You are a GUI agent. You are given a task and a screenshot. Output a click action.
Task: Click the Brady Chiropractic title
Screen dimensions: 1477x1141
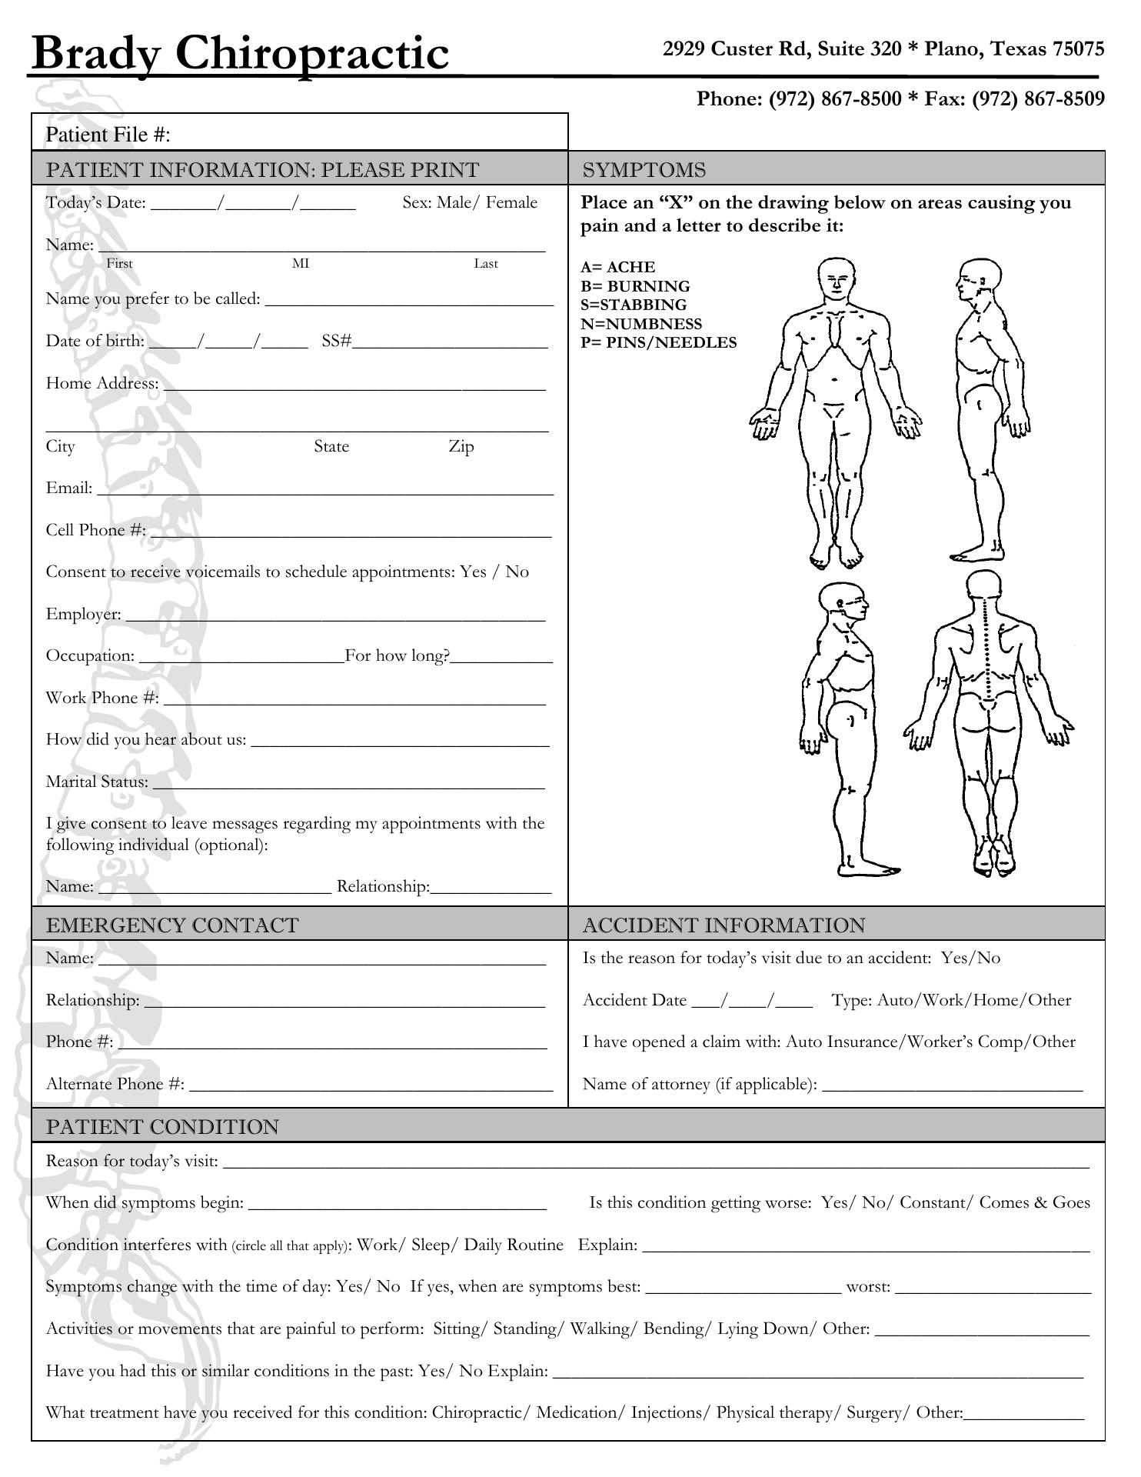240,54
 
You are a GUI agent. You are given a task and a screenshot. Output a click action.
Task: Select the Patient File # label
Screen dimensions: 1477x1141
108,135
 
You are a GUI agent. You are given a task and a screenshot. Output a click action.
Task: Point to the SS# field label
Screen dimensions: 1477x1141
337,341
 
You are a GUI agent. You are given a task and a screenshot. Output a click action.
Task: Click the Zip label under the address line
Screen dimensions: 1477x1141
461,447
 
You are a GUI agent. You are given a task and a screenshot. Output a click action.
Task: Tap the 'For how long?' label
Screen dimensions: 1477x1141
397,656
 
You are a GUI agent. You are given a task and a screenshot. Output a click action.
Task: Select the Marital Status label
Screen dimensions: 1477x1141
97,782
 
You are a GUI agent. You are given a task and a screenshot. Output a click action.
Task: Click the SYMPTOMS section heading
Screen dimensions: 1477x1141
644,170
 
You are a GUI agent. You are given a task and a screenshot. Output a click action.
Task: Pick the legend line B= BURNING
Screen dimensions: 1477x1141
635,286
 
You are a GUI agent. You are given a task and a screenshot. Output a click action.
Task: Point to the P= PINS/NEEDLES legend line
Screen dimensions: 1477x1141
658,343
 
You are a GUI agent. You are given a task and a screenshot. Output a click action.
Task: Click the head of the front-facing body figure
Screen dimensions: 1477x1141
837,278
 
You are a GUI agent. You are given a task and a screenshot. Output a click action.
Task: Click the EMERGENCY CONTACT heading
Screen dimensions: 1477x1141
172,925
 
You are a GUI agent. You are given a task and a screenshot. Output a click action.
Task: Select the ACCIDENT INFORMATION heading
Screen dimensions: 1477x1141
724,925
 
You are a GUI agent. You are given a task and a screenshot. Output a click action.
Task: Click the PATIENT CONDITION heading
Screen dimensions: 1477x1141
162,1127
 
